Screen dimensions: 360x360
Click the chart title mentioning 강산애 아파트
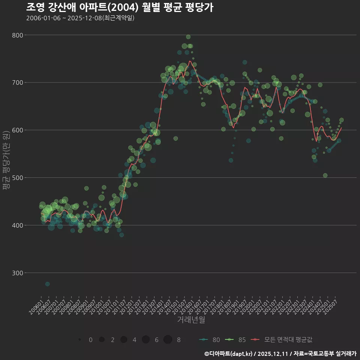click(120, 7)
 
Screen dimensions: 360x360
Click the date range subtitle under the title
click(80, 18)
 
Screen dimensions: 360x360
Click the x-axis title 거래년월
click(191, 320)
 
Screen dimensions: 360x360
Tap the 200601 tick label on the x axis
click(36, 302)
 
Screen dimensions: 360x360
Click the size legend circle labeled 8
click(168, 339)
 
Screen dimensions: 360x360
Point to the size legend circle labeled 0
click(80, 340)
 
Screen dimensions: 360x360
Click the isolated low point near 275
click(47, 284)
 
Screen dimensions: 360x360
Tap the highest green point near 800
click(188, 37)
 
